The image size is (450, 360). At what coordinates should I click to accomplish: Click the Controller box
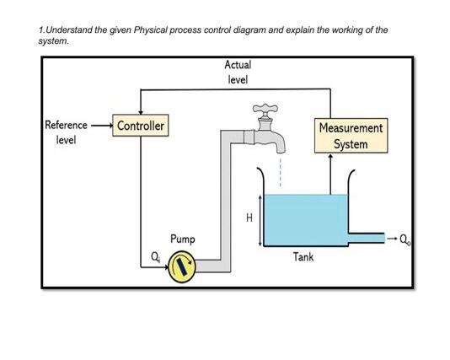coord(141,126)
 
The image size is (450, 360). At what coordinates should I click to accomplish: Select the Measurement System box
coord(351,136)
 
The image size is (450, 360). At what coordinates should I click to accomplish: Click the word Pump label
coord(183,239)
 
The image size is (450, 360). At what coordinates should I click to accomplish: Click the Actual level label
coord(237,72)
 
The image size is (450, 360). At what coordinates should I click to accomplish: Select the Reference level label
coord(65,132)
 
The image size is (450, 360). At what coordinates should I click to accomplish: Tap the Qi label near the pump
coord(153,256)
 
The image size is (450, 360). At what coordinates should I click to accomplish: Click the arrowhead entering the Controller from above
coord(141,114)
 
